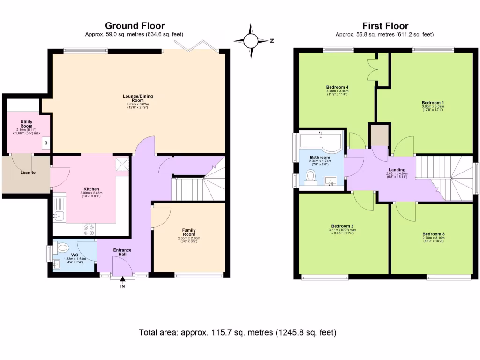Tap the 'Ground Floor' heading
(135, 26)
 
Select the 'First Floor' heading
(385, 26)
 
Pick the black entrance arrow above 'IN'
(123, 279)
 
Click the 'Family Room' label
(189, 232)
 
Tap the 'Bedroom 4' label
(337, 87)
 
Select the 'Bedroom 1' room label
(433, 103)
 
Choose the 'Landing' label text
(397, 169)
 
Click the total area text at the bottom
(238, 333)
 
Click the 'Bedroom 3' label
(433, 234)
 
